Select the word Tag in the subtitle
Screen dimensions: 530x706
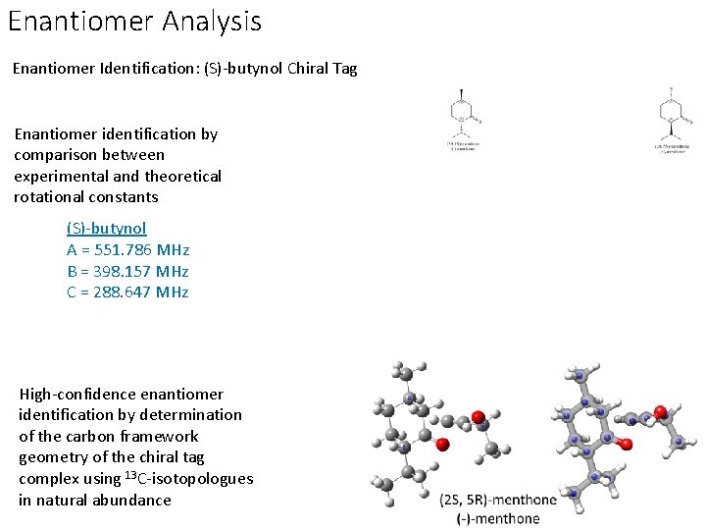(344, 70)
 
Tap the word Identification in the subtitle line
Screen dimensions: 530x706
(143, 70)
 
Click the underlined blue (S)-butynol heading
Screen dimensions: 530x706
(106, 228)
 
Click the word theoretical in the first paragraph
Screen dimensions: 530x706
(182, 176)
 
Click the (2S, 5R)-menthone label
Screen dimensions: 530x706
(498, 499)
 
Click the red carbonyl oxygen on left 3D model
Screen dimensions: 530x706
(442, 445)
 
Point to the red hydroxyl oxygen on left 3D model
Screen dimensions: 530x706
(479, 417)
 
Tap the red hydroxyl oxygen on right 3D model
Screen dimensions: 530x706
(661, 410)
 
